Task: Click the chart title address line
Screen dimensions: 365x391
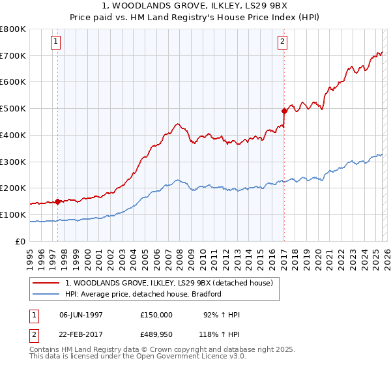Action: click(x=195, y=6)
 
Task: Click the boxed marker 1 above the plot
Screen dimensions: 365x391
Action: click(x=57, y=42)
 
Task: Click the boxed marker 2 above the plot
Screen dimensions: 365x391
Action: click(x=283, y=42)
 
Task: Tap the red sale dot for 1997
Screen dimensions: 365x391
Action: click(x=57, y=201)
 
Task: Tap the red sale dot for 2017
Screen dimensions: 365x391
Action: click(x=284, y=111)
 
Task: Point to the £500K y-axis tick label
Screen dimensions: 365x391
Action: click(x=13, y=109)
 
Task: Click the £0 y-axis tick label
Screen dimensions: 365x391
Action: click(x=21, y=241)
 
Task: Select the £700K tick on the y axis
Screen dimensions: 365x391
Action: click(x=13, y=55)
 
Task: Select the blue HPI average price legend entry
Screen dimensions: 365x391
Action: click(x=143, y=294)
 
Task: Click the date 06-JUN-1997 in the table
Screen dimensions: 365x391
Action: click(x=81, y=315)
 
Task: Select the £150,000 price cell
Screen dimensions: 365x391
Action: click(x=156, y=315)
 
